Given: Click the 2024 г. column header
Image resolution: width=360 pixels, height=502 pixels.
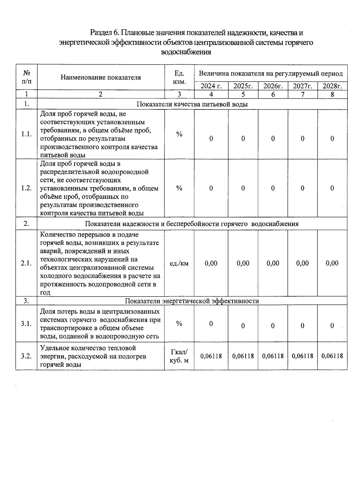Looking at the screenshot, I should click(x=211, y=86).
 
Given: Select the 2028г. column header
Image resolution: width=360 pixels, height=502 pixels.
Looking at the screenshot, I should click(x=332, y=86).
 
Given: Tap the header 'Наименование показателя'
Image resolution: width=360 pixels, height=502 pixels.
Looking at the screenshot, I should click(x=100, y=77).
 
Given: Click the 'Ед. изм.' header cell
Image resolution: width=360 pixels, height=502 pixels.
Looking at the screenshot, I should click(x=179, y=77).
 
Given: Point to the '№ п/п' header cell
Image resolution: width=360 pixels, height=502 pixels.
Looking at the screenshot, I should click(x=26, y=77).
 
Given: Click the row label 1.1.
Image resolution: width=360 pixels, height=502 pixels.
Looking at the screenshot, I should click(x=26, y=134).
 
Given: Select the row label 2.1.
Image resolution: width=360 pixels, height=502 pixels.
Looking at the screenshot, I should click(x=26, y=263).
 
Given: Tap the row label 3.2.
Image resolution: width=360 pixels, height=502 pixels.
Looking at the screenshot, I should click(x=26, y=356).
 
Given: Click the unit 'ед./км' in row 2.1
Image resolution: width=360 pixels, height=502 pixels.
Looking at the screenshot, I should click(x=179, y=263).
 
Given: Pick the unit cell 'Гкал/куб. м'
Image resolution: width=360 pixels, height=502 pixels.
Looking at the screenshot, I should click(x=179, y=356).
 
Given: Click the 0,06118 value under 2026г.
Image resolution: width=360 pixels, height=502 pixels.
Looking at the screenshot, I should click(x=273, y=356).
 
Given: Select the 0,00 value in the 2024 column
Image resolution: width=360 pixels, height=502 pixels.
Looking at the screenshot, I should click(x=211, y=263).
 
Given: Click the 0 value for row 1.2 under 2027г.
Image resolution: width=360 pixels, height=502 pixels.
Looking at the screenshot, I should click(x=302, y=188).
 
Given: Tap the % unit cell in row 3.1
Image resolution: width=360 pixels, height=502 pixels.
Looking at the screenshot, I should click(x=179, y=324).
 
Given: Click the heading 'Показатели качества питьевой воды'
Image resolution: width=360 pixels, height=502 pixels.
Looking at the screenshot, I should click(x=192, y=104).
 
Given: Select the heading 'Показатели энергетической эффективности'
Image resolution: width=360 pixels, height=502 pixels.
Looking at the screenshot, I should click(x=192, y=301).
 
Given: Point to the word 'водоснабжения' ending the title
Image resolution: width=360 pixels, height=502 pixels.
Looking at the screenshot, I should click(x=186, y=52).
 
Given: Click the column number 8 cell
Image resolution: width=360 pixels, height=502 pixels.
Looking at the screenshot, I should click(x=332, y=94).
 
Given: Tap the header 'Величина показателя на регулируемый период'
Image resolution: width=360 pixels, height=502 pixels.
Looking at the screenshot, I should click(x=271, y=73).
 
